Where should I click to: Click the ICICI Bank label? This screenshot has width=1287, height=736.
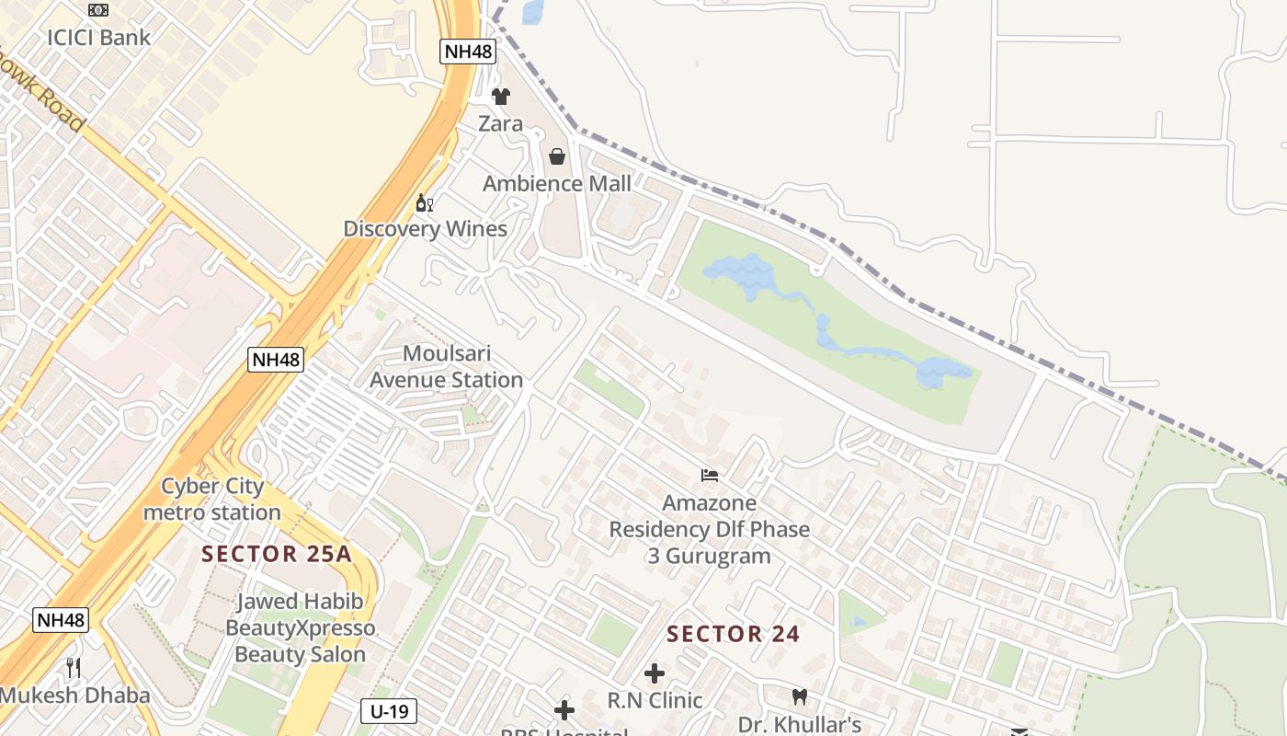click(x=99, y=38)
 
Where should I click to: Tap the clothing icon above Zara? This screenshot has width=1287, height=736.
click(x=500, y=96)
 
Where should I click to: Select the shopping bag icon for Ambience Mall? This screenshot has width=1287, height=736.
click(x=556, y=156)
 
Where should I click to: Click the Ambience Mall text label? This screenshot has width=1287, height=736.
click(x=557, y=183)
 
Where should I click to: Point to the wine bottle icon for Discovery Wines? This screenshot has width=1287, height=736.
click(x=424, y=202)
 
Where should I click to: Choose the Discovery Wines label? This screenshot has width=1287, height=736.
click(x=425, y=228)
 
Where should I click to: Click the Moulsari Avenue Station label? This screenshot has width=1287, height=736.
click(x=447, y=366)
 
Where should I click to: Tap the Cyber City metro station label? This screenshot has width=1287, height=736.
click(x=212, y=499)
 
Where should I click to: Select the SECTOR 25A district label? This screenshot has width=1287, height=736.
click(x=277, y=554)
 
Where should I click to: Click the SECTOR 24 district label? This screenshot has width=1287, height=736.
click(x=734, y=634)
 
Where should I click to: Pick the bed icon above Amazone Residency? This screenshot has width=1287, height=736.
click(x=710, y=476)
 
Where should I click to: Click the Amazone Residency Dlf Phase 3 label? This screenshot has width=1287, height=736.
click(x=710, y=529)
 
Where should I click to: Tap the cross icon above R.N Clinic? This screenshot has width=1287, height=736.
click(x=655, y=673)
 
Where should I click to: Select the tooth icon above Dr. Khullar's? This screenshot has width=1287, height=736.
click(x=799, y=696)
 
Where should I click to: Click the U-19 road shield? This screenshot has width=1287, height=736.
click(x=389, y=710)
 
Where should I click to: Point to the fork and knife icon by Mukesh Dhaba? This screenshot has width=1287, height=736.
click(x=74, y=667)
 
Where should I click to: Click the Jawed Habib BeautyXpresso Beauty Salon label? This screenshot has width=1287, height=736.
click(x=301, y=627)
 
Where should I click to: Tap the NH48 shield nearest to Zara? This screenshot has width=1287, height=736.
click(x=468, y=51)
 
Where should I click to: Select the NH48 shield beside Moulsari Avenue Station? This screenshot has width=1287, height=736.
click(x=276, y=360)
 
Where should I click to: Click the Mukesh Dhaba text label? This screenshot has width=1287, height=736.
click(x=75, y=695)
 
